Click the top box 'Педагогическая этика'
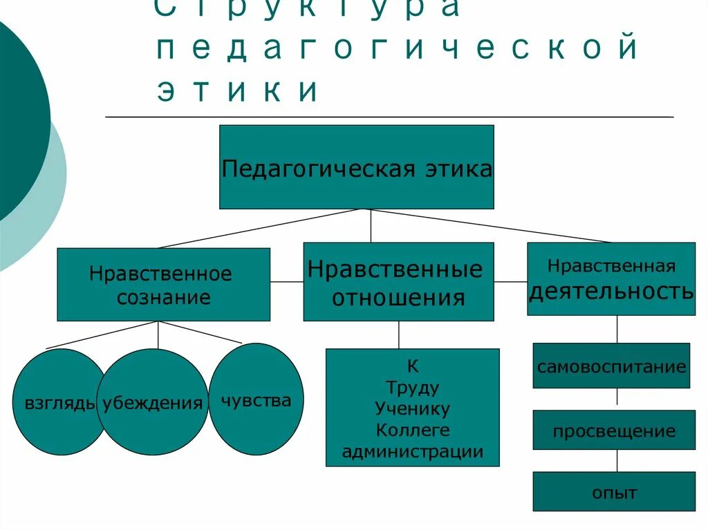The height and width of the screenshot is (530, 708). [x=357, y=167]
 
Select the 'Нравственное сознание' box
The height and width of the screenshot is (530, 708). [x=163, y=285]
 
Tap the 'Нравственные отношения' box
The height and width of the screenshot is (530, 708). [x=398, y=282]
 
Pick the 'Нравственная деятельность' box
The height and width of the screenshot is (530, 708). [x=611, y=278]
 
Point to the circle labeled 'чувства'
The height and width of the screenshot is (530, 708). [x=256, y=400]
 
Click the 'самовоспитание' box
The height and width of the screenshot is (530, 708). [x=612, y=366]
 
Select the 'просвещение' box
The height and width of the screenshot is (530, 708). [x=614, y=431]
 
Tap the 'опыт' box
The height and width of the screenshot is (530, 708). [x=614, y=493]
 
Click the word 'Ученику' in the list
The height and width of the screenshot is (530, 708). [x=413, y=408]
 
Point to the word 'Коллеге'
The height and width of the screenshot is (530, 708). [x=413, y=430]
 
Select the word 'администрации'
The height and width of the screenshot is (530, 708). [x=413, y=453]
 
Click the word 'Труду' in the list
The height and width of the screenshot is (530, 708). [x=413, y=387]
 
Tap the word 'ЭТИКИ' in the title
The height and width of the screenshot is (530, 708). [x=239, y=91]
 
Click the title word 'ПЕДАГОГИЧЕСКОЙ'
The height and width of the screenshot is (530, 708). [x=397, y=49]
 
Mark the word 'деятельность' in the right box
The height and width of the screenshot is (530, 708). [x=611, y=292]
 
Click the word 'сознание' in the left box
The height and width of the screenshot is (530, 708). [x=163, y=298]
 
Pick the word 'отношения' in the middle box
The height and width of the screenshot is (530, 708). [x=398, y=298]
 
